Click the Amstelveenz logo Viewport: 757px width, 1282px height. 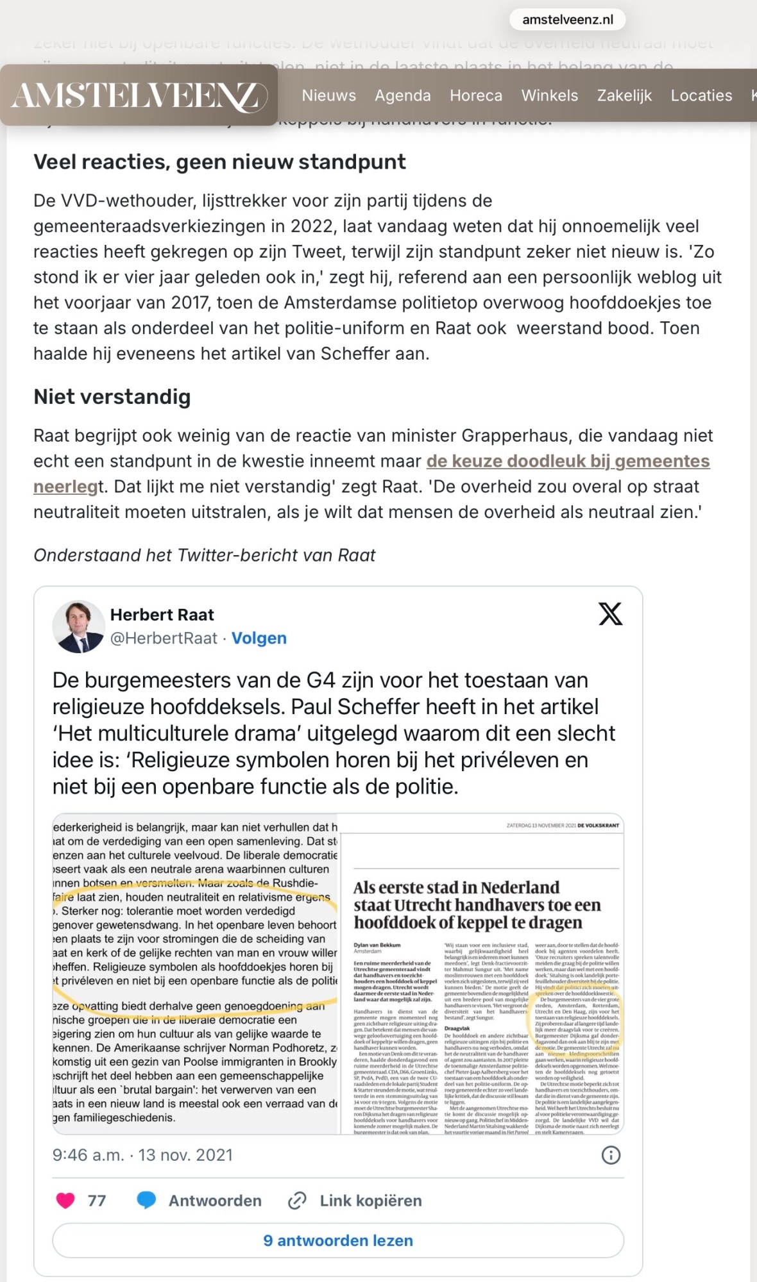pyautogui.click(x=139, y=96)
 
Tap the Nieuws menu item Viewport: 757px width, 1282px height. pyautogui.click(x=328, y=96)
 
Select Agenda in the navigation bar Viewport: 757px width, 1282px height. pyautogui.click(x=402, y=96)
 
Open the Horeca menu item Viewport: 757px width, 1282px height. pyautogui.click(x=475, y=96)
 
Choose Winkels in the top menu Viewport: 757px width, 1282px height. pyautogui.click(x=549, y=96)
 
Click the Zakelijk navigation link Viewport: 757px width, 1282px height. pyautogui.click(x=624, y=96)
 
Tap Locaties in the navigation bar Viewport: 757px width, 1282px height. pyautogui.click(x=701, y=96)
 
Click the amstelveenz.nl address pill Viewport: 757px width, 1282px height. pyautogui.click(x=567, y=19)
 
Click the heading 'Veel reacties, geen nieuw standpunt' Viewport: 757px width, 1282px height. pyautogui.click(x=219, y=162)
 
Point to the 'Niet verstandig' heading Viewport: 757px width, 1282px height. pyautogui.click(x=112, y=397)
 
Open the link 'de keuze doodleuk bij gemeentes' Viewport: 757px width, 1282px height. pyautogui.click(x=568, y=461)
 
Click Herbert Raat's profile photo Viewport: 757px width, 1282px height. pyautogui.click(x=78, y=626)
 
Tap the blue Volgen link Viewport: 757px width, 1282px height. pyautogui.click(x=259, y=638)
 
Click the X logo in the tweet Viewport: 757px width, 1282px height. pyautogui.click(x=610, y=614)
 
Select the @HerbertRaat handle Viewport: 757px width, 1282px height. pyautogui.click(x=164, y=638)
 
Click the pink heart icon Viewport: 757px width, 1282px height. pyautogui.click(x=65, y=1200)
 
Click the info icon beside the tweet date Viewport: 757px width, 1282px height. pyautogui.click(x=610, y=1155)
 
